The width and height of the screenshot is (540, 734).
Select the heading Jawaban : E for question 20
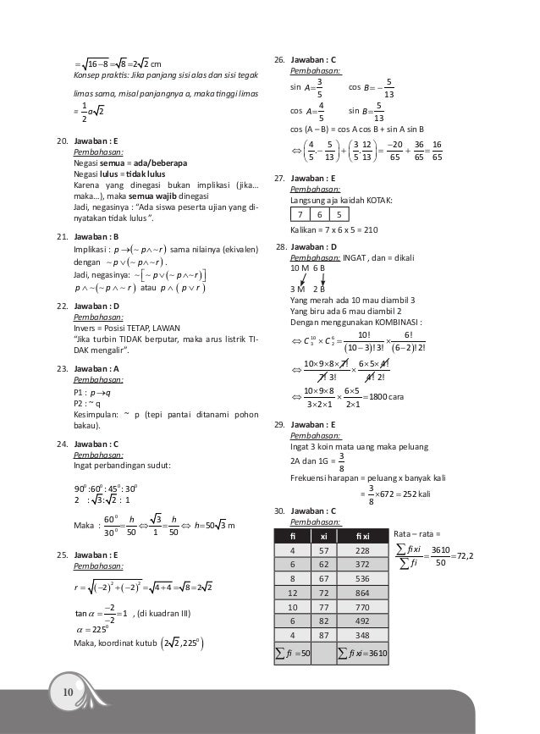96,142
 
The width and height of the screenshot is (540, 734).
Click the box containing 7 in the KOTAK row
303,214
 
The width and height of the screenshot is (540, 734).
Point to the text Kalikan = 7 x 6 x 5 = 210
334,230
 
